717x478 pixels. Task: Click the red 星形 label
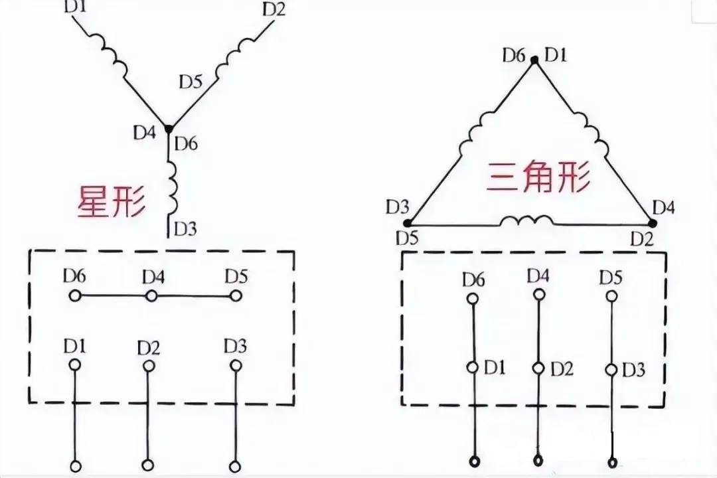111,201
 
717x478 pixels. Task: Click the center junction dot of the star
169,129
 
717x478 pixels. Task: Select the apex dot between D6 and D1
534,59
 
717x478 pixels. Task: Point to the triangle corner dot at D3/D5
408,223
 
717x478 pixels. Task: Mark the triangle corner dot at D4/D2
653,223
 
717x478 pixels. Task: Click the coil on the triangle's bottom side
526,221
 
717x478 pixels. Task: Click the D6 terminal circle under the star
75,296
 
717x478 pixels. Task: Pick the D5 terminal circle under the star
236,296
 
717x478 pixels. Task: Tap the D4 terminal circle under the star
151,296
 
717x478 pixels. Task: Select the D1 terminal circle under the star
75,364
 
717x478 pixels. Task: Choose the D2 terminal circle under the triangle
538,368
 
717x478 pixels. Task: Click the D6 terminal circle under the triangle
473,299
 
